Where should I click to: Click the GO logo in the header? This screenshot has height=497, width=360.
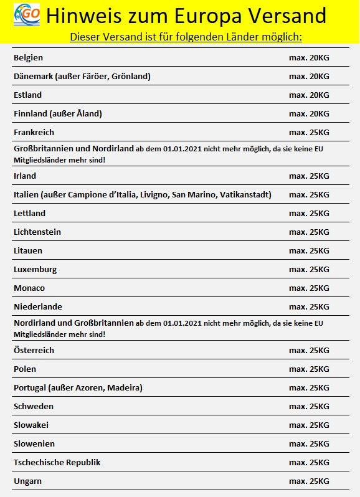(x=26, y=14)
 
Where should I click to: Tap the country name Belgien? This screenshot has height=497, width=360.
(x=28, y=58)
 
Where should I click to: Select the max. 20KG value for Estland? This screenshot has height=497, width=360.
(x=309, y=95)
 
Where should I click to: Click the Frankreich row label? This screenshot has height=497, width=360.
(x=34, y=133)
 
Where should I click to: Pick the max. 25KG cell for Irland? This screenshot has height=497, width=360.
(x=309, y=176)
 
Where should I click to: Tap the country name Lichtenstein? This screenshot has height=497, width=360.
(x=37, y=232)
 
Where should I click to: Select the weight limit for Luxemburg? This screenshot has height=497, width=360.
(x=309, y=270)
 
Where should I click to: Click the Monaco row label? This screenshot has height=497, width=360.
(x=29, y=288)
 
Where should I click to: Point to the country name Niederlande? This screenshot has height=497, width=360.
(x=38, y=307)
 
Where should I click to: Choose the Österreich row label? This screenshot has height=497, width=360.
(x=34, y=351)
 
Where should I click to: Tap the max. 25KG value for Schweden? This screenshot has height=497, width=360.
(x=309, y=407)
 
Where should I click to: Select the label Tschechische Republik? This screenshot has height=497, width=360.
(x=57, y=463)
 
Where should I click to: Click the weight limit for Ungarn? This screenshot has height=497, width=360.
(x=309, y=481)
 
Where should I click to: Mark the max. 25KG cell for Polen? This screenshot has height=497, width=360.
(x=309, y=369)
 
